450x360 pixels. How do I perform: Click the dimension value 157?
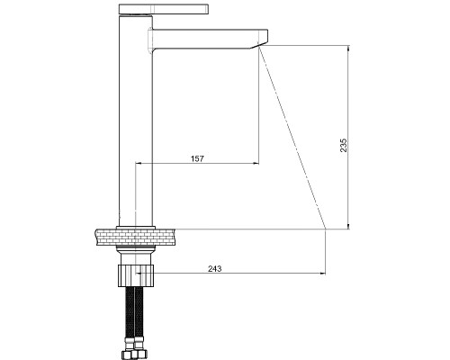click(197, 158)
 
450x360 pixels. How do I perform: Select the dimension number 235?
click(344, 145)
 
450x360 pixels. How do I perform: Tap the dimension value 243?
click(215, 269)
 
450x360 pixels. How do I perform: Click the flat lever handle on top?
click(164, 9)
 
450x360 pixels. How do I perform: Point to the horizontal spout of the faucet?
click(208, 39)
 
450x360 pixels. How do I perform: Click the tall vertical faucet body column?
click(136, 120)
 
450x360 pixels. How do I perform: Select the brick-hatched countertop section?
click(136, 237)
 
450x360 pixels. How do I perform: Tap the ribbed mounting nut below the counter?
click(136, 275)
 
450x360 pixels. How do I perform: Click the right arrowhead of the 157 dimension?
click(256, 163)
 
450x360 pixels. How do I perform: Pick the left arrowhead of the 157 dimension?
click(139, 163)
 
